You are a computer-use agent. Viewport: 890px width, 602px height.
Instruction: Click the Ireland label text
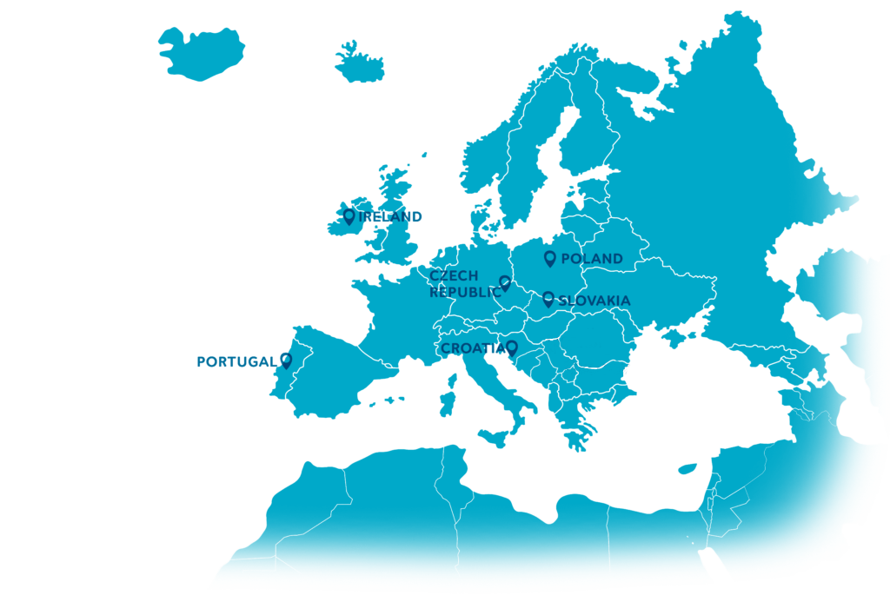point(391,216)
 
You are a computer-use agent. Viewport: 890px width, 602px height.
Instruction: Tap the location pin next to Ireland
point(349,215)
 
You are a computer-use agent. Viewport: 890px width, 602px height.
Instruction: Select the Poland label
point(592,259)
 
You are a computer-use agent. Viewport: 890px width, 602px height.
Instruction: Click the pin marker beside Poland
point(549,258)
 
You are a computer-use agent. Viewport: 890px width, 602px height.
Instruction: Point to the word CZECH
point(454,276)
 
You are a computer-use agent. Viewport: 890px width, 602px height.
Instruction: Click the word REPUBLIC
point(465,293)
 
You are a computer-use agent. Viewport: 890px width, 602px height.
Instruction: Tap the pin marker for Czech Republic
point(505,282)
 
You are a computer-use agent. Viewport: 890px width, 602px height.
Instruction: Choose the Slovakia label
point(594,301)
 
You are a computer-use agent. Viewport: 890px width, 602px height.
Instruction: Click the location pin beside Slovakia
point(548,299)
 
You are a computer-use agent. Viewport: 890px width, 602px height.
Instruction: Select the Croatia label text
point(472,348)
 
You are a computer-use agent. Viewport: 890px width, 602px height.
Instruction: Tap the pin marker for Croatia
point(513,347)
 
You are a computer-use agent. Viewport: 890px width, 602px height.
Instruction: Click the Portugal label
point(236,361)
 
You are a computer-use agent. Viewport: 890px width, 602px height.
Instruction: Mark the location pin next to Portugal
point(286,360)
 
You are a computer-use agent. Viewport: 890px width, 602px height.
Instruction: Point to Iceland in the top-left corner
point(201,53)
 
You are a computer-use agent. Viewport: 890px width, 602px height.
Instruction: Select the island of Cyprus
point(688,468)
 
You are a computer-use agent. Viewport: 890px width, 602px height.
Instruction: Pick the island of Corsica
point(452,380)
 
